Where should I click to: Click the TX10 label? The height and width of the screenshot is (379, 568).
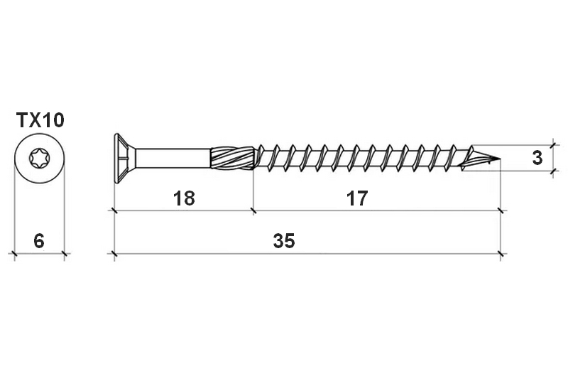[x=40, y=120]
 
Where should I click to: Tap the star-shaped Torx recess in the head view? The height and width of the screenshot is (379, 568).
[x=40, y=159]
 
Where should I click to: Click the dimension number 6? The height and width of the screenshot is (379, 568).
[x=39, y=241]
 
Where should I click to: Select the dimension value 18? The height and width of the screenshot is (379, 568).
[x=184, y=198]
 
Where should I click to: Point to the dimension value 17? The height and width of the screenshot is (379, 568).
[x=357, y=198]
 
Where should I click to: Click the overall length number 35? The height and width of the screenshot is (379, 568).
[x=284, y=241]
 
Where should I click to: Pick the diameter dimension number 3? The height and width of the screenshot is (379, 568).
[x=537, y=158]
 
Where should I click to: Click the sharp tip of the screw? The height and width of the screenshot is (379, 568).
[x=500, y=159]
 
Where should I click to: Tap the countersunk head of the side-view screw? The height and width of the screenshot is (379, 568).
[x=125, y=158]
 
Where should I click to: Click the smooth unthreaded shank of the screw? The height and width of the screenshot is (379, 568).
[x=173, y=158]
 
